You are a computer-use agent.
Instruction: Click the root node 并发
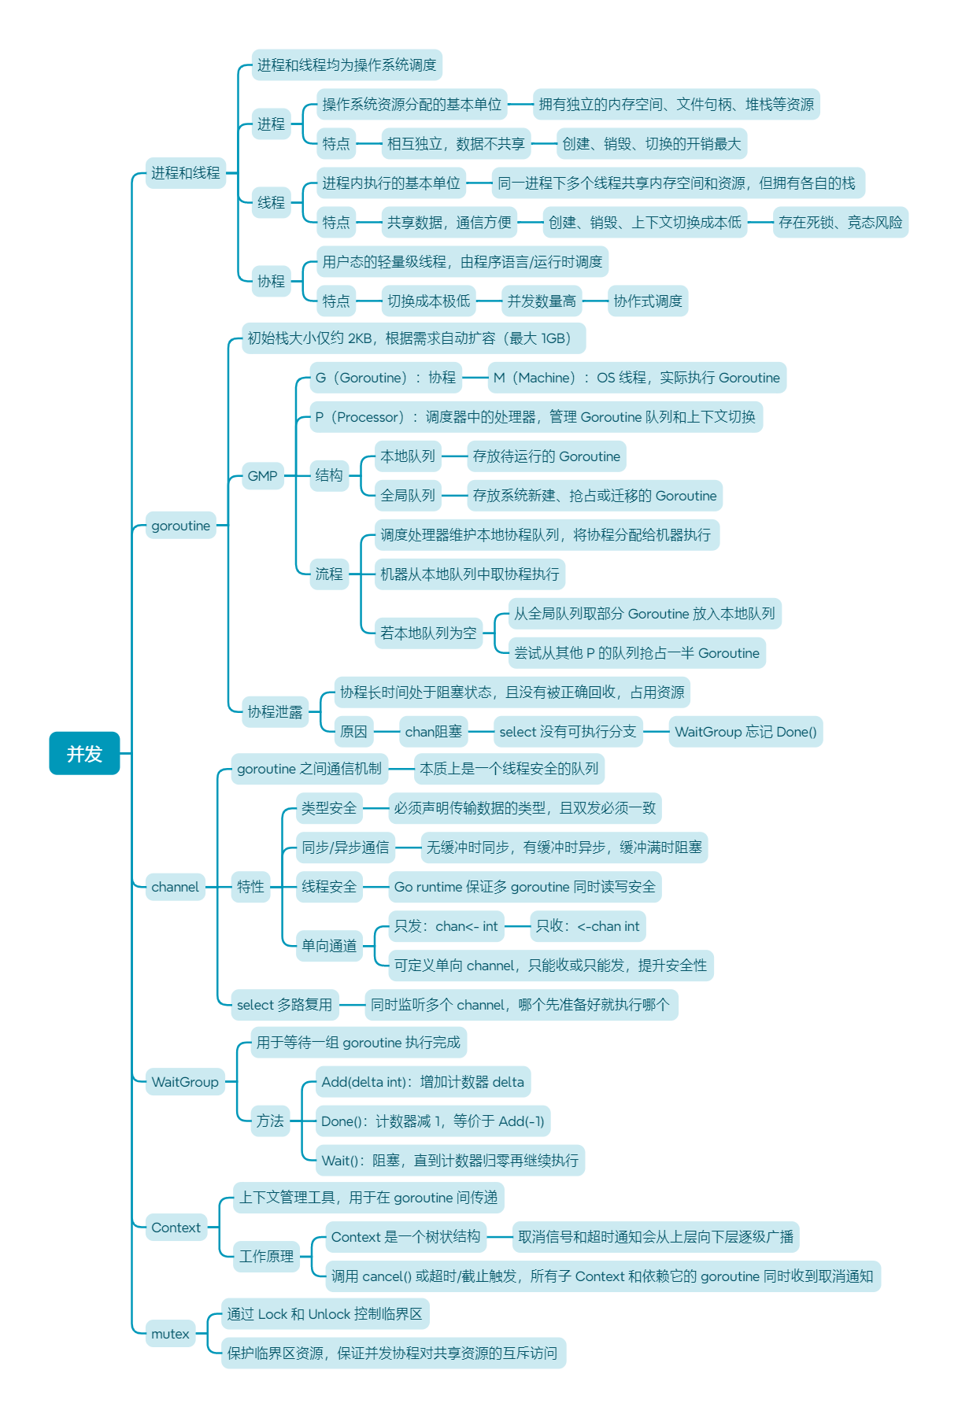84,753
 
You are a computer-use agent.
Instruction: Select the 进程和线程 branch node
186,173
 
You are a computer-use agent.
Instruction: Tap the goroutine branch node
181,526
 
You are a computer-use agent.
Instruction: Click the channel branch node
176,887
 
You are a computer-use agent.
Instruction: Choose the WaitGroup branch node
185,1082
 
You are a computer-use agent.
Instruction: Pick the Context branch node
176,1228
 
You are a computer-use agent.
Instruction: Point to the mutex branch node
171,1334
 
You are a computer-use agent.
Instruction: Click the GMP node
262,476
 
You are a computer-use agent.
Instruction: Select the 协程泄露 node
275,712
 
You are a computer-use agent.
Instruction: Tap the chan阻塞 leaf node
434,732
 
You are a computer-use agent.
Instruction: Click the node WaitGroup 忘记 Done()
745,732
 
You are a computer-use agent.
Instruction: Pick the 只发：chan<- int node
446,926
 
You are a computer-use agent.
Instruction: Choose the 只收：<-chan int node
587,926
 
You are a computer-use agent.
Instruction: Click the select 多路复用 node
285,1005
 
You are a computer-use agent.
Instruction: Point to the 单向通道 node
329,946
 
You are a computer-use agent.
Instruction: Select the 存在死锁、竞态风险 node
840,223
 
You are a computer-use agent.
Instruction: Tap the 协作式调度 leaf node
648,301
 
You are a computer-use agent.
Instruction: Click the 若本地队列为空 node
428,633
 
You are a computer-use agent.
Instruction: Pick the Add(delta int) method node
423,1082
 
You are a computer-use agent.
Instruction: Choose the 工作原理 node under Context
267,1257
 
